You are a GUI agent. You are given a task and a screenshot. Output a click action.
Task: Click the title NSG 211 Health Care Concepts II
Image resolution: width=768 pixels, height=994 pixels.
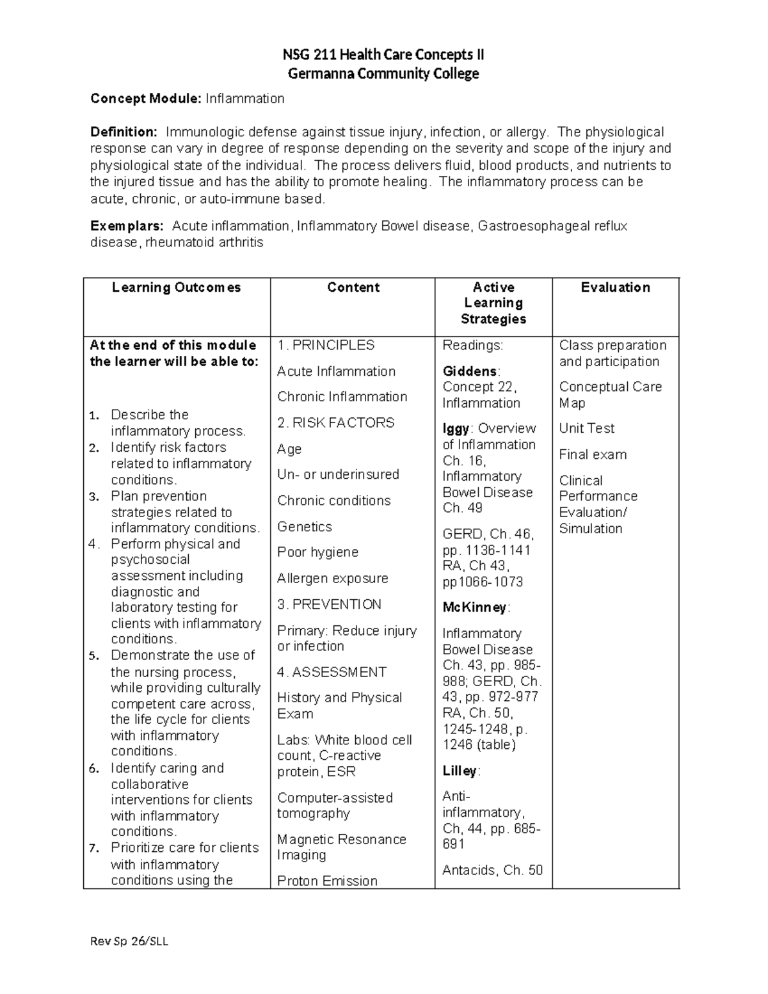383,55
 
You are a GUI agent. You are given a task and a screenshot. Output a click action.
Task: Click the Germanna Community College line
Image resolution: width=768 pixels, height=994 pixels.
383,74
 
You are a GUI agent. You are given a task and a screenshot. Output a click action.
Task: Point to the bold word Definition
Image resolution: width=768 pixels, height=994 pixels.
123,132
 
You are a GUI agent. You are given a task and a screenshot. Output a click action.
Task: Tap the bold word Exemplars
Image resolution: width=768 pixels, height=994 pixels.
127,226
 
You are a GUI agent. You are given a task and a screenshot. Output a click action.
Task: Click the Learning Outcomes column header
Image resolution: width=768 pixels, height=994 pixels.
177,287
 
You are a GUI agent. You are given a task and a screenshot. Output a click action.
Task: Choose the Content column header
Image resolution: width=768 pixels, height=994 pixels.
353,287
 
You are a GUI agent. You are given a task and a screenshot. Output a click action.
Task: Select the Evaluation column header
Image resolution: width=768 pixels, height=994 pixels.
615,287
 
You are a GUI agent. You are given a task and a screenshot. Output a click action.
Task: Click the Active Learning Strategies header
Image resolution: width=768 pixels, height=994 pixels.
493,303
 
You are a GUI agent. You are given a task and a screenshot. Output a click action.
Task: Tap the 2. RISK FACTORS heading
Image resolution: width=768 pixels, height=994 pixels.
335,422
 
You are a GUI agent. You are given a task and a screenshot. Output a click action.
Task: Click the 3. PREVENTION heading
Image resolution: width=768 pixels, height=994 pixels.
329,604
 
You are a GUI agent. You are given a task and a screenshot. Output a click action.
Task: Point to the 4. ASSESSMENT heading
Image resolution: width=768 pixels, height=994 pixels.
332,672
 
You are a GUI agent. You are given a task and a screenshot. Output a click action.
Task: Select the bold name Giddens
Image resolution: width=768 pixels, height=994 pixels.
470,371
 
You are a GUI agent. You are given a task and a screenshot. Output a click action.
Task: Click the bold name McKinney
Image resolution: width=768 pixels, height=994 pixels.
474,607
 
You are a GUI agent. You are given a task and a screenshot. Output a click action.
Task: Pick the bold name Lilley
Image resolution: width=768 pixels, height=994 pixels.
460,771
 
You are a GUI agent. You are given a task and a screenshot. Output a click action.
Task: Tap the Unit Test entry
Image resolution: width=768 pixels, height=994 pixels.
586,428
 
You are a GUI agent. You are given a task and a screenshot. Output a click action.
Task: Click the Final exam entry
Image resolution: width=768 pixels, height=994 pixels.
593,454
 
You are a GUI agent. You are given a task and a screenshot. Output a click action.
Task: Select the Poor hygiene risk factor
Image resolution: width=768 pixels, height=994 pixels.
317,552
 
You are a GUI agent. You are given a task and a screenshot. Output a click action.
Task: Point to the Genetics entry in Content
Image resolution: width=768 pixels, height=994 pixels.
305,527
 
